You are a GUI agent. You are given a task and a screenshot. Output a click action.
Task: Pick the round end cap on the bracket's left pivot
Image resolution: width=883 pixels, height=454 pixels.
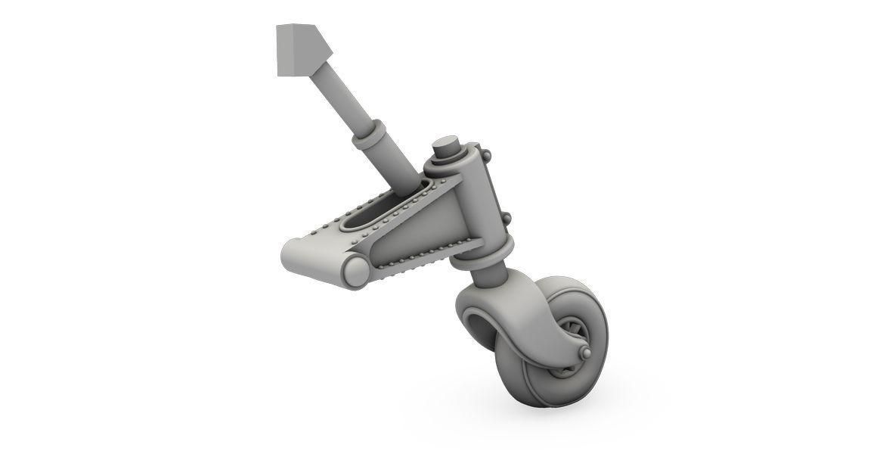(355, 270)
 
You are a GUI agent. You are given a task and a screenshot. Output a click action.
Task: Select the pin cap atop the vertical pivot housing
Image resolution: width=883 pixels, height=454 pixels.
(447, 145)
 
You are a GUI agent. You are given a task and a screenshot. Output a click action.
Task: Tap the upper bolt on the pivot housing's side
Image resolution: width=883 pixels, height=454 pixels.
(485, 156)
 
